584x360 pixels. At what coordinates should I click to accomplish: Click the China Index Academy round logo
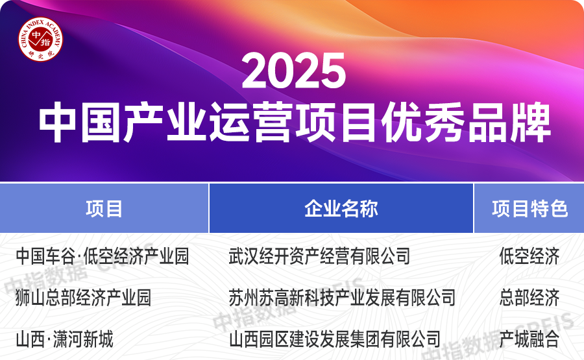40,40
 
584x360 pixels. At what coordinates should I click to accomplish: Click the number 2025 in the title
293,71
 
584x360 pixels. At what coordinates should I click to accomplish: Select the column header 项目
104,209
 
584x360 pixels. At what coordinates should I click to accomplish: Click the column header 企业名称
341,209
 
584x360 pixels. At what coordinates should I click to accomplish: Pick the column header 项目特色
529,209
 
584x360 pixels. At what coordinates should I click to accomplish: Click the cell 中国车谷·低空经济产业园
102,256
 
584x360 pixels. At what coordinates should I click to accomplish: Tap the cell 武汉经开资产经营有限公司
319,256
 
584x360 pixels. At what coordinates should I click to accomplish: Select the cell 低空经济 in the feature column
529,256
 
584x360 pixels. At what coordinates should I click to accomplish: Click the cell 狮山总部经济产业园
83,298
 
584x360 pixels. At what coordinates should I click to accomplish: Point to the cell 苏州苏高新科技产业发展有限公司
342,298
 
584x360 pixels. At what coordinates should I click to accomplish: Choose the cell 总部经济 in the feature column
529,298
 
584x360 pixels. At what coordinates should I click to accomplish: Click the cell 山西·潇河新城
64,339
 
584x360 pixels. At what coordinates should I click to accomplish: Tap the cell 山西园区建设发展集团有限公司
335,339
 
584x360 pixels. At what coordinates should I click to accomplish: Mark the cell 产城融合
529,339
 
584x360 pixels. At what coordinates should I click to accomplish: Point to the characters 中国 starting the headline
81,123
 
